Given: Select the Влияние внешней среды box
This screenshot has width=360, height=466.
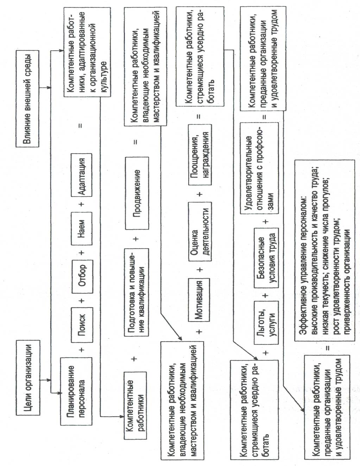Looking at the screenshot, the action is click(x=28, y=99).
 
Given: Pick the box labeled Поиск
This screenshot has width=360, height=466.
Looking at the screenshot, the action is click(x=82, y=325).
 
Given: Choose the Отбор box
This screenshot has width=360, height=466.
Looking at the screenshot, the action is click(x=82, y=277).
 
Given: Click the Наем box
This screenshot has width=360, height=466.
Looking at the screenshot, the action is click(x=82, y=229).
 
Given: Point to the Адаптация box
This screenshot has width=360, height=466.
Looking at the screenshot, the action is click(x=81, y=175).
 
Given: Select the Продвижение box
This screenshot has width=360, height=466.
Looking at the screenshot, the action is click(x=137, y=193).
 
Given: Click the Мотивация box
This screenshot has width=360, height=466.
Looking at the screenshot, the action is click(x=199, y=300).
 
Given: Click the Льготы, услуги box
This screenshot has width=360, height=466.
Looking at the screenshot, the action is click(x=266, y=323).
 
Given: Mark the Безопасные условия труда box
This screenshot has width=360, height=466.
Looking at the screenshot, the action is click(x=266, y=257).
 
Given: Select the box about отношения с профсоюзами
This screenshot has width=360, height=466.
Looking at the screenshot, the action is click(x=259, y=168).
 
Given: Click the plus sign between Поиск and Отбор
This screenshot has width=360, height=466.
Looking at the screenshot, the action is click(x=82, y=301).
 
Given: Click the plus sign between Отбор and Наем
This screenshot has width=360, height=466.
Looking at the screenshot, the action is click(x=82, y=253).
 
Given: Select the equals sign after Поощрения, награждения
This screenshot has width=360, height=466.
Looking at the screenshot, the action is click(x=199, y=117).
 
